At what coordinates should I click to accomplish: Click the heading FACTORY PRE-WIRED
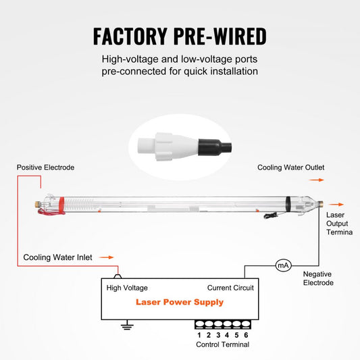(x=180, y=35)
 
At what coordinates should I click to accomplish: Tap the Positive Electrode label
(x=45, y=167)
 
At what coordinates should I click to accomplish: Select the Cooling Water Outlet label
(x=291, y=167)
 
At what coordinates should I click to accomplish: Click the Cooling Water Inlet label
(x=57, y=257)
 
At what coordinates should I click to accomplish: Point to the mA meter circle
(x=282, y=265)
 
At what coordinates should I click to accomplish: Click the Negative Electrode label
(x=318, y=278)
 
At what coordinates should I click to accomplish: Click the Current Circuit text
(x=230, y=288)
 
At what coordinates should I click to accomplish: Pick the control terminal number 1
(x=199, y=334)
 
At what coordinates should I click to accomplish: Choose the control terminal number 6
(x=246, y=334)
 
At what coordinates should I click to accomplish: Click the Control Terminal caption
(x=222, y=344)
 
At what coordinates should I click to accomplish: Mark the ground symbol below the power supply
(x=125, y=327)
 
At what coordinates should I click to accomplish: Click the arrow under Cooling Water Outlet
(x=316, y=180)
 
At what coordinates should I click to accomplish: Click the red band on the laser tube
(x=59, y=202)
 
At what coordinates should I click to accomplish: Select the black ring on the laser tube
(x=287, y=201)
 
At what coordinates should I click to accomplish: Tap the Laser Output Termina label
(x=338, y=224)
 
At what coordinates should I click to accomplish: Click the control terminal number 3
(x=218, y=334)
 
